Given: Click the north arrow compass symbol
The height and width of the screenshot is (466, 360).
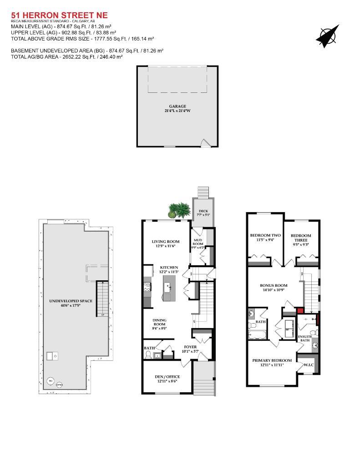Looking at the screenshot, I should (327, 36).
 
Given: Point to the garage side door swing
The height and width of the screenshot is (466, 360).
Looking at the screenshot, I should (206, 143).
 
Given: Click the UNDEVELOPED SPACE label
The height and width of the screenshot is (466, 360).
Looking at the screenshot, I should (71, 301).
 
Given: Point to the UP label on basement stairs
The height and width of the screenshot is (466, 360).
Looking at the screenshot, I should (102, 314).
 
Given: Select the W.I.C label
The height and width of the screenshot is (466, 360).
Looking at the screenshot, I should (309, 365).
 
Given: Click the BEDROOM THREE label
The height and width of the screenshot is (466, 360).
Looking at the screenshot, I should (301, 238).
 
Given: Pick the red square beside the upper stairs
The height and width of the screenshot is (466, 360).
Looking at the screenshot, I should (300, 311).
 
